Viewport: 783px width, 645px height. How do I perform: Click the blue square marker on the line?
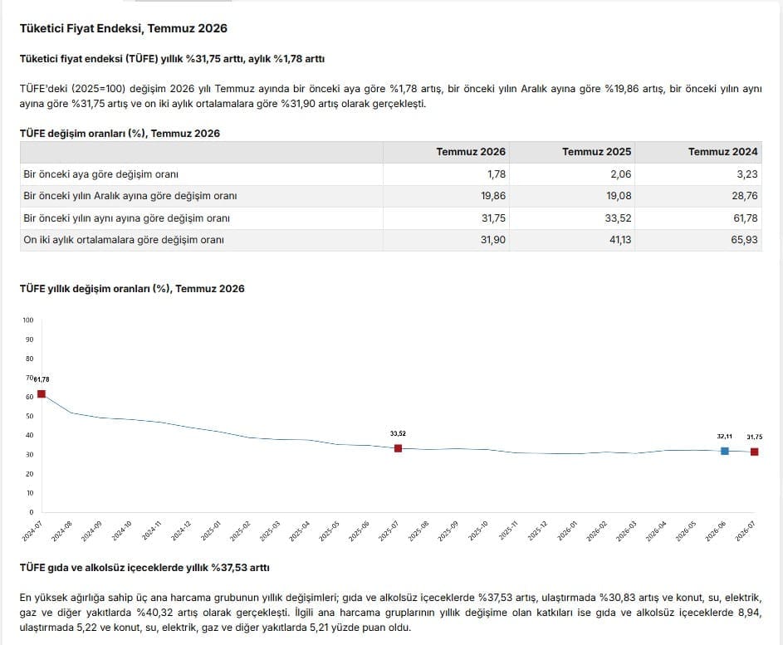click(x=725, y=451)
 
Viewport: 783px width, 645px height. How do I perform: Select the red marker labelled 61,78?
click(x=42, y=393)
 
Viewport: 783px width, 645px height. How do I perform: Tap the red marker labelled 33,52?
click(x=398, y=448)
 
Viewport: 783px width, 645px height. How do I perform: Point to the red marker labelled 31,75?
click(x=755, y=452)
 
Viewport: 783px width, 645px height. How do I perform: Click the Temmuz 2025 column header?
click(x=596, y=152)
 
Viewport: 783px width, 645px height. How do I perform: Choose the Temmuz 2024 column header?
click(x=722, y=152)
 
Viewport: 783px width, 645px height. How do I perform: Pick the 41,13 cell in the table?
click(x=620, y=240)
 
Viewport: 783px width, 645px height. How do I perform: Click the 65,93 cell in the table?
click(x=744, y=240)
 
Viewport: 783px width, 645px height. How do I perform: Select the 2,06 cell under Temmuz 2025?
click(x=621, y=174)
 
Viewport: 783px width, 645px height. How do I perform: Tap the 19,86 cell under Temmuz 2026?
click(x=493, y=196)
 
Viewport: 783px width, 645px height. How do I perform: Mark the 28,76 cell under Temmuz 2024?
click(x=745, y=196)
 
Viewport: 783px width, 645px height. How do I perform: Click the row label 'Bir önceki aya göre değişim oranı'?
click(x=100, y=174)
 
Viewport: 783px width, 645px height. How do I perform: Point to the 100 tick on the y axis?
click(x=28, y=320)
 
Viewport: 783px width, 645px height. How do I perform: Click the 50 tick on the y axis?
click(x=29, y=416)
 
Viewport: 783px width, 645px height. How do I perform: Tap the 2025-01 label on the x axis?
click(x=210, y=531)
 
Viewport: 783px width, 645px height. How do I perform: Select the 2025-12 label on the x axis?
click(x=537, y=531)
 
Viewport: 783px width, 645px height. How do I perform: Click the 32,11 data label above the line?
click(x=725, y=437)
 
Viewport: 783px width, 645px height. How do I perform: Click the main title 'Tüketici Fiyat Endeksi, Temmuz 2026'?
click(x=124, y=28)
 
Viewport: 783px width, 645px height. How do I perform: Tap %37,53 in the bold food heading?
click(x=229, y=568)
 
